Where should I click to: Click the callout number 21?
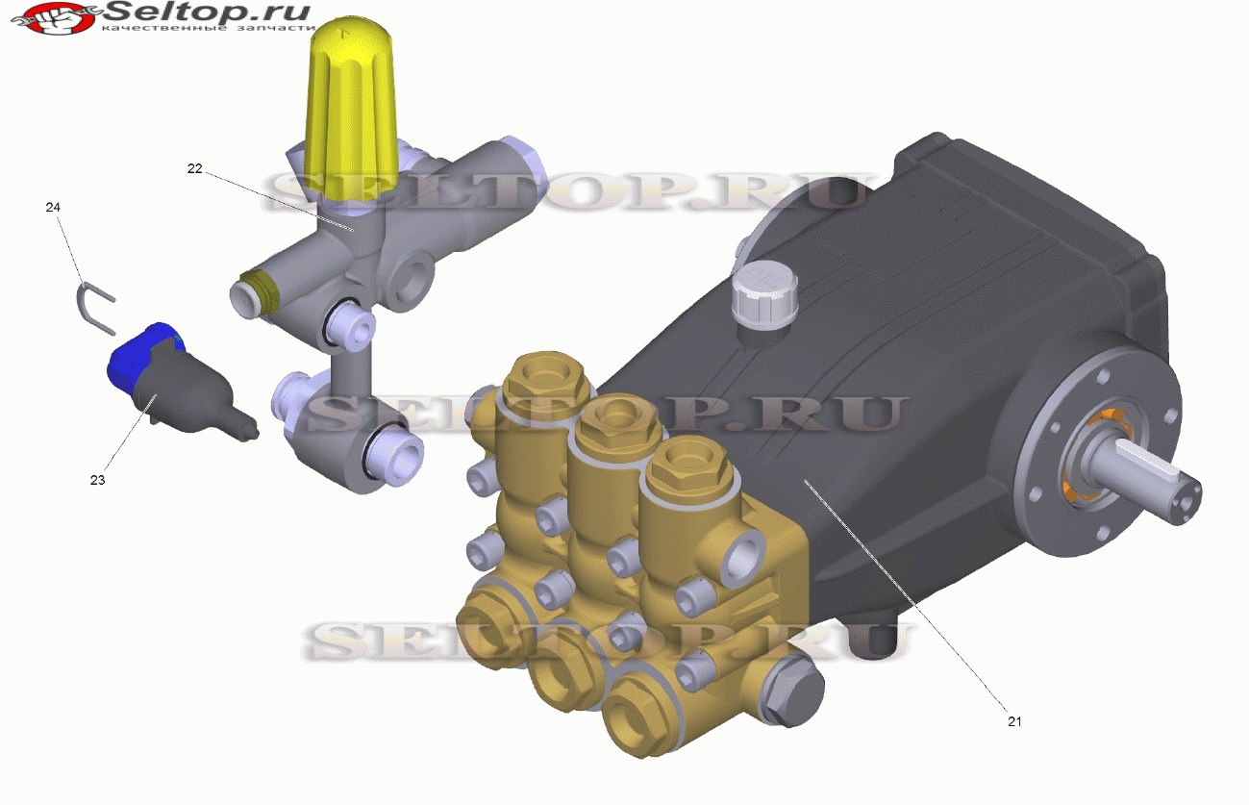pos(1014,721)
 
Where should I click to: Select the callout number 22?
pos(194,168)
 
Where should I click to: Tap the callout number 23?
pos(97,480)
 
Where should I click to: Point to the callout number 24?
pos(53,207)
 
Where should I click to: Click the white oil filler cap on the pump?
pos(764,298)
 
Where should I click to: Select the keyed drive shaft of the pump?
pos(1143,480)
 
